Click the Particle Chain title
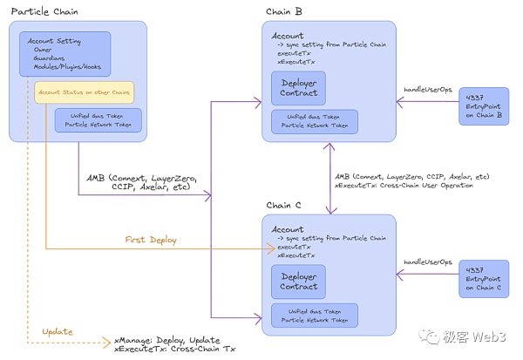point(44,10)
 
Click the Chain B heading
point(286,10)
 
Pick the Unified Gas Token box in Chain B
point(314,121)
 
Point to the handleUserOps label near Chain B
point(427,91)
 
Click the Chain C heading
point(286,206)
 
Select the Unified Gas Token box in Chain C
point(314,316)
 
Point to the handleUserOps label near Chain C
point(427,262)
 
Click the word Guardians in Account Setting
point(45,58)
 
